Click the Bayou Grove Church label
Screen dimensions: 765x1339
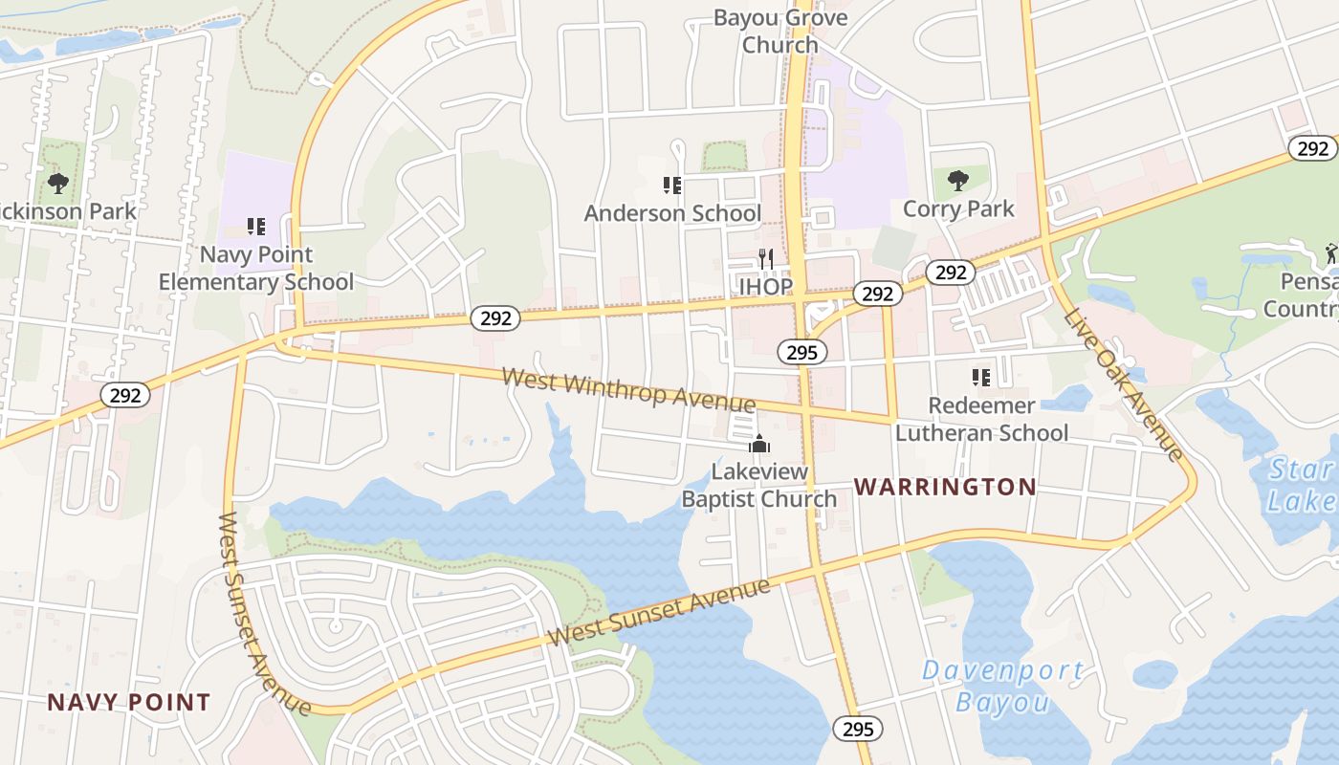[x=780, y=32]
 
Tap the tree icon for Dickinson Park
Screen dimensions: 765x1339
[x=58, y=183]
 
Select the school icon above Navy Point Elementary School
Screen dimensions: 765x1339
[x=255, y=227]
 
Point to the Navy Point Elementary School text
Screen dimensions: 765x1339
[x=255, y=269]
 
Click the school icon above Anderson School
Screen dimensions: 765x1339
[x=671, y=185]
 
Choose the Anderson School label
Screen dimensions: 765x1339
[x=672, y=213]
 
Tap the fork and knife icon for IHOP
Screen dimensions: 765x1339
[x=765, y=259]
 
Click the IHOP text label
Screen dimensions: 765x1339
[x=765, y=286]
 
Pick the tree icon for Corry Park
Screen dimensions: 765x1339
[x=957, y=181]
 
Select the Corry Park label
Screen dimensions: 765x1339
[x=958, y=208]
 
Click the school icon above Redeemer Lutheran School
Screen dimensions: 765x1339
[x=980, y=378]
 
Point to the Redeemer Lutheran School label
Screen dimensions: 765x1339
[x=981, y=420]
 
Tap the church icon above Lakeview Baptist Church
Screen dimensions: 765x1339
[x=759, y=445]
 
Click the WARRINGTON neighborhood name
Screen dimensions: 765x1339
[x=945, y=487]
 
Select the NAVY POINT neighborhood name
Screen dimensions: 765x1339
[x=129, y=703]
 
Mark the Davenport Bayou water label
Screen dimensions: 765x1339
[x=1002, y=687]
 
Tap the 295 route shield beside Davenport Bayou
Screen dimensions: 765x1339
[x=858, y=729]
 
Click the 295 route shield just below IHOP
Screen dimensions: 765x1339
[x=801, y=352]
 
